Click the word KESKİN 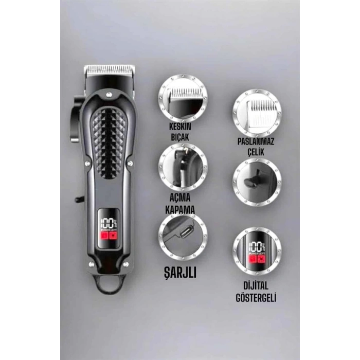[180, 127]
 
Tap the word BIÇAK [180, 137]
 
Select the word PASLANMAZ [256, 141]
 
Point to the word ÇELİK [256, 152]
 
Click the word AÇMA [180, 197]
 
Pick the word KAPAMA [180, 210]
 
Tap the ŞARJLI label [180, 273]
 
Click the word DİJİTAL [256, 286]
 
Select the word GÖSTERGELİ [256, 298]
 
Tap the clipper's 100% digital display [109, 229]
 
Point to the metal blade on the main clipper [109, 70]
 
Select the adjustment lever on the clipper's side [75, 119]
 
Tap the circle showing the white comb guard [257, 114]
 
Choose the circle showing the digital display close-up [257, 251]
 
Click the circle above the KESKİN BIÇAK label [183, 98]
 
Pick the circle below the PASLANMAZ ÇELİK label [257, 182]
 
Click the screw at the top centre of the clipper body [109, 94]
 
